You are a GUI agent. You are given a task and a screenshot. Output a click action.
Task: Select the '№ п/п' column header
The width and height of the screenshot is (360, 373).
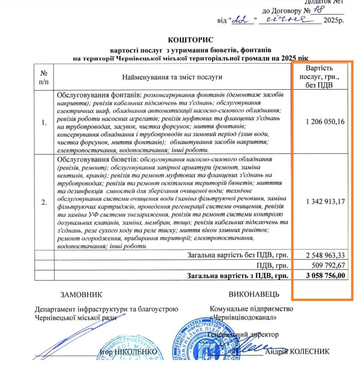coord(44,77)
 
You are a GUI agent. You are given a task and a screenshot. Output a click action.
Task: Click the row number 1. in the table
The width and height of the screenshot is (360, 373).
coord(44,123)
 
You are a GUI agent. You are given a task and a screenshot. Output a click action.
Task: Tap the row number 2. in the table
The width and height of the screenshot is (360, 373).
coord(44,203)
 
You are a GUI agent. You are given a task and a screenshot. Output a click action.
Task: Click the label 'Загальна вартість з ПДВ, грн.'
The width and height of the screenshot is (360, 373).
coord(238,275)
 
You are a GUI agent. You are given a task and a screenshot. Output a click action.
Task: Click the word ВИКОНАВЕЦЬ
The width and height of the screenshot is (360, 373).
coord(254,294)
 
